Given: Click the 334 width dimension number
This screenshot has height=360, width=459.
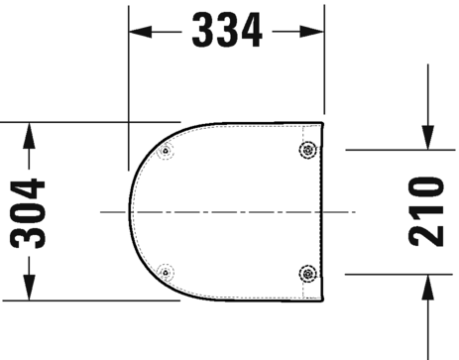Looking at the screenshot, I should point(226,31).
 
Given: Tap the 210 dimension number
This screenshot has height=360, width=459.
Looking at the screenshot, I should point(427,212).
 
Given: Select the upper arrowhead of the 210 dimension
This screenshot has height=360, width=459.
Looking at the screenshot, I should point(427,141).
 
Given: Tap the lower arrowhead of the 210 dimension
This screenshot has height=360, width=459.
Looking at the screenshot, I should point(427,286).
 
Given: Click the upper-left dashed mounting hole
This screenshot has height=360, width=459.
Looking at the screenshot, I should point(166,152).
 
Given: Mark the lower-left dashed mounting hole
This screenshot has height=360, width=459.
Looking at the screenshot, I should point(166,271).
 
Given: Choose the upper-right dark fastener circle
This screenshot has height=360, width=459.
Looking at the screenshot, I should point(308,150).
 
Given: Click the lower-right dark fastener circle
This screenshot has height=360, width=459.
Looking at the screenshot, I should point(308,273).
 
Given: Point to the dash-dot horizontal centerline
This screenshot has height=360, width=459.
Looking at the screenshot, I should point(228,211).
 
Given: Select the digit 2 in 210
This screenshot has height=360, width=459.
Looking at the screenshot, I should point(427,236).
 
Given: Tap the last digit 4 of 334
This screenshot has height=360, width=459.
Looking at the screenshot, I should point(252,31).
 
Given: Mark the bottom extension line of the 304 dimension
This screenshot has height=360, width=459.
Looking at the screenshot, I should point(79,300).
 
